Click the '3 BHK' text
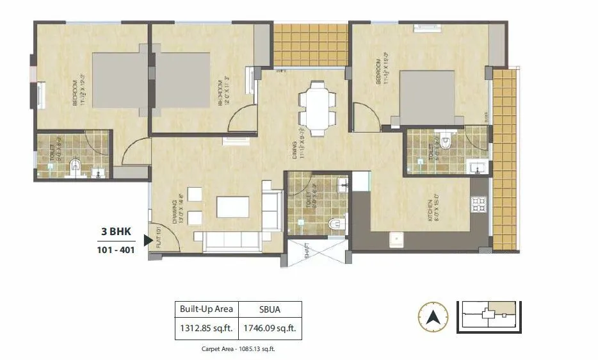tap(117, 233)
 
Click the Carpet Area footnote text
tap(238, 349)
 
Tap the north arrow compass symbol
tap(433, 316)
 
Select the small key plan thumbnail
tap(489, 316)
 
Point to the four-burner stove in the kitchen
tap(479, 204)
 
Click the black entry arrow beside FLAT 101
tap(149, 241)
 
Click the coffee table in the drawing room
tap(234, 207)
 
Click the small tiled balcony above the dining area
tap(310, 44)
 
